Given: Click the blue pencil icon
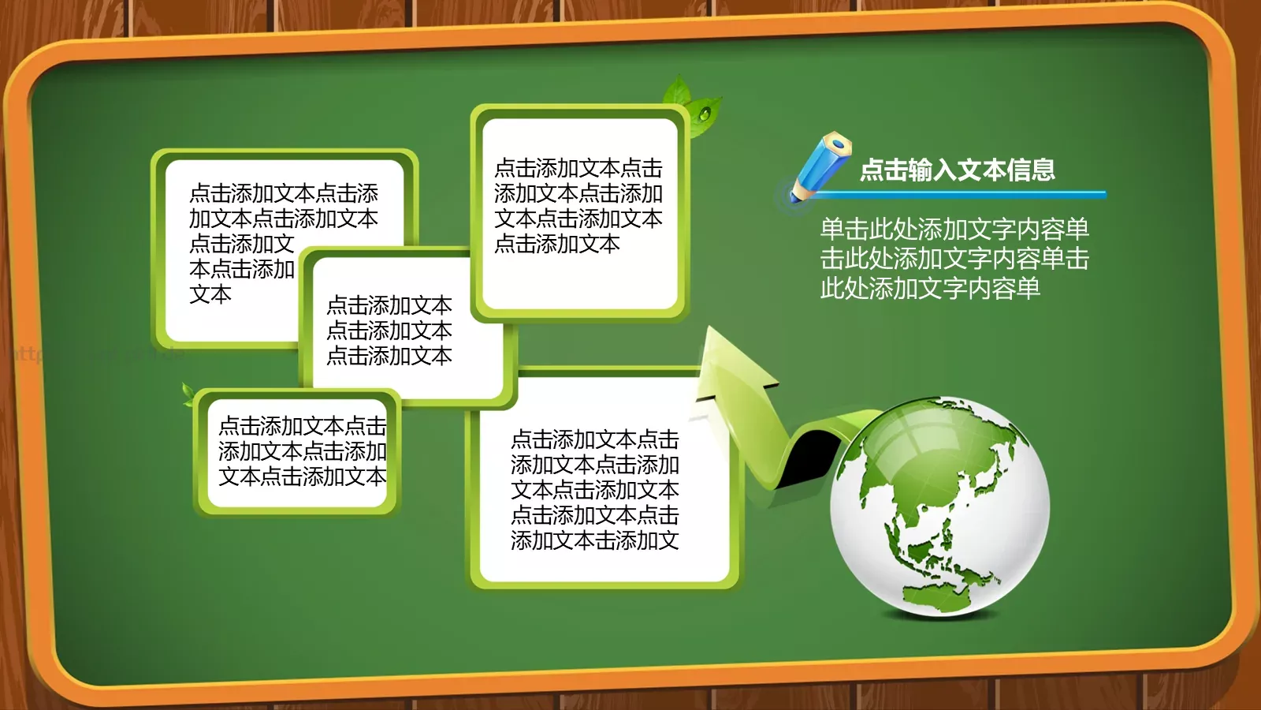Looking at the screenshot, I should coord(820,166).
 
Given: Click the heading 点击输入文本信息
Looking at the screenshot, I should coord(957,170).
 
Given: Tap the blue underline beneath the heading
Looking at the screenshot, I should coord(962,193).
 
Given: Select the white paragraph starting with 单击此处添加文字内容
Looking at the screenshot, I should coord(954,259).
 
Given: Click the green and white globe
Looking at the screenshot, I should coord(939,505).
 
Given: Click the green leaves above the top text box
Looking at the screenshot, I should coord(690,103).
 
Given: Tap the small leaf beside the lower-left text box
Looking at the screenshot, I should coord(188,394).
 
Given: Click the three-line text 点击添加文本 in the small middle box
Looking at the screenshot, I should coord(389,331).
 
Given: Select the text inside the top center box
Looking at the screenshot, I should coord(578,206).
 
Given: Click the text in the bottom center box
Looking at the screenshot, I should coord(594,490).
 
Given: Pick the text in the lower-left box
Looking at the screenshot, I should coord(302,451).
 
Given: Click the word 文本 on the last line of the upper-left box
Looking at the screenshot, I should coord(210,294).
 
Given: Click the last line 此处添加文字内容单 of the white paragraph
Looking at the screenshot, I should coord(930,289).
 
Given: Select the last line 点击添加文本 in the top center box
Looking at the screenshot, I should coord(557,244).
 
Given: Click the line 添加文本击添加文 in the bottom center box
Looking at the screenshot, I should coord(594,540).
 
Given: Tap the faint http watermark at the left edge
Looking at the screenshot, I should coord(28,353).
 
